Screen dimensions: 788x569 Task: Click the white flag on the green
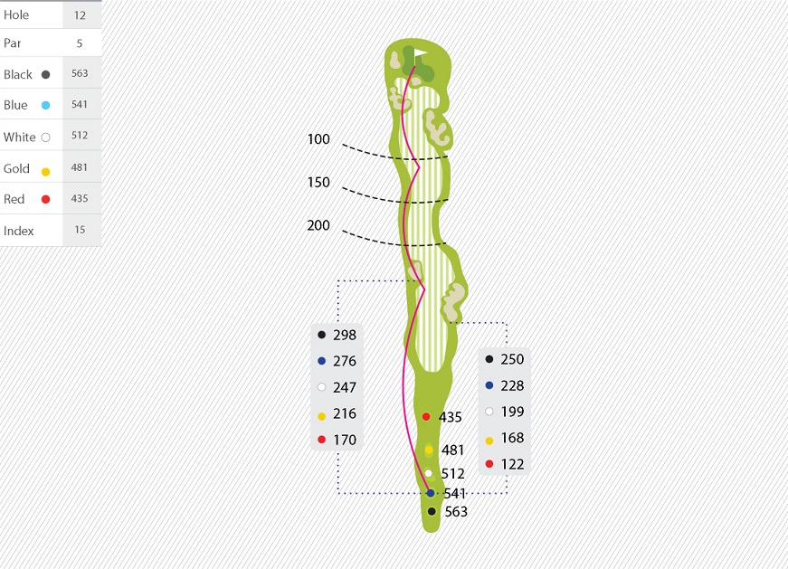(420, 53)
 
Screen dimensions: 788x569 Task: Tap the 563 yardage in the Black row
(80, 73)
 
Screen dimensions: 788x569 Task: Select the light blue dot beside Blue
(46, 105)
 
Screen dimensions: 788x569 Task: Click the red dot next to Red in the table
(46, 199)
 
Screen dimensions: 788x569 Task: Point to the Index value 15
(80, 230)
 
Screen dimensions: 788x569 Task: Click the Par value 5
(80, 43)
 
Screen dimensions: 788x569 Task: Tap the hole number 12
(80, 15)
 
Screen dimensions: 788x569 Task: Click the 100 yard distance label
(318, 139)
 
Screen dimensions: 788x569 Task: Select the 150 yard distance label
(318, 182)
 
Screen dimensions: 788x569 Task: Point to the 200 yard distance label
(318, 225)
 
